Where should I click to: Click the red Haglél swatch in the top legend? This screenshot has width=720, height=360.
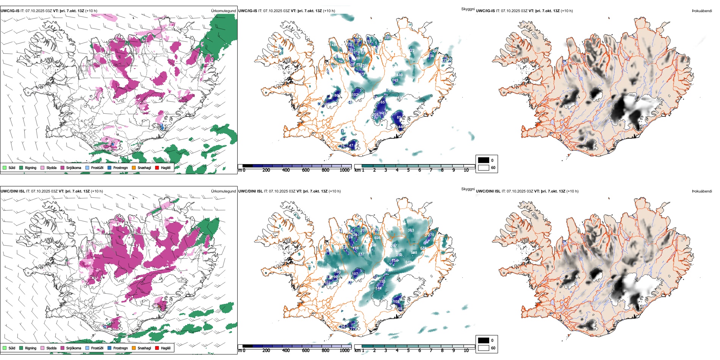click(157, 167)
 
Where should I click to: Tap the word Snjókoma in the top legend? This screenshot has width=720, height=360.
click(74, 167)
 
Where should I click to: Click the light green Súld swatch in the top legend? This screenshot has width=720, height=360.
click(5, 167)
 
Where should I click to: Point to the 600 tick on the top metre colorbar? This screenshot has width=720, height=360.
click(305, 170)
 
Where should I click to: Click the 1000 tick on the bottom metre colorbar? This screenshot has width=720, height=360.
click(344, 351)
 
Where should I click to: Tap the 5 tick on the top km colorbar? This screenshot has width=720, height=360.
click(408, 170)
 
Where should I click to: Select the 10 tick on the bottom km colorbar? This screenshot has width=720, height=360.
click(466, 351)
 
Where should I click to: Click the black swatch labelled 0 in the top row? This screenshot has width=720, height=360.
click(484, 160)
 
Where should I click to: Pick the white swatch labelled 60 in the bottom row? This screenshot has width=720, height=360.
click(484, 348)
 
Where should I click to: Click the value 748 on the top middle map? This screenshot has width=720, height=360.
click(333, 45)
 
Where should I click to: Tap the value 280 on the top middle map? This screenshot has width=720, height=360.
click(388, 38)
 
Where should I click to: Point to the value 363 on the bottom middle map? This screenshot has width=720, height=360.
click(411, 230)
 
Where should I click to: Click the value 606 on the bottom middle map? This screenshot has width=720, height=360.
click(377, 238)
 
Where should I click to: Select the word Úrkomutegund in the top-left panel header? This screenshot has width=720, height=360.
click(223, 11)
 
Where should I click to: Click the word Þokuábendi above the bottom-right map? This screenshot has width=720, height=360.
click(702, 191)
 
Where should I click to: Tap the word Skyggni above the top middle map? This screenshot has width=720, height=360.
click(468, 9)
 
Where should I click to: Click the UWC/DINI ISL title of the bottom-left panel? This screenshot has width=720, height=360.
click(13, 191)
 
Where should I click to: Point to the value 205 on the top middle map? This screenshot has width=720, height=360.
click(375, 115)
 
